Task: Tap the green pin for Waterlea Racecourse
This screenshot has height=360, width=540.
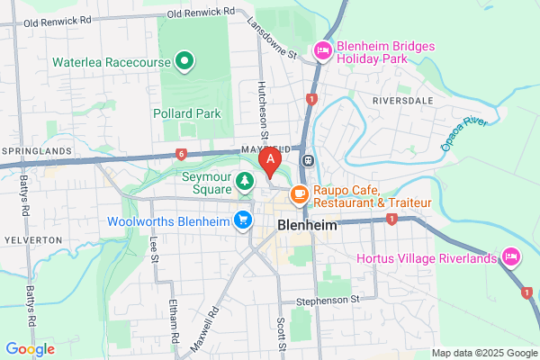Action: pos(185,61)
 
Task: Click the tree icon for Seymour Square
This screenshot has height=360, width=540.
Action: pos(244,183)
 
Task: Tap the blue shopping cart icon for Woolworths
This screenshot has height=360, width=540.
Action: pos(242,220)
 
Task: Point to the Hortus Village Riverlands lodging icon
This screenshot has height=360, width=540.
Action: pos(511,258)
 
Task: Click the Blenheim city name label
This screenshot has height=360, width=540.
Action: pos(308,226)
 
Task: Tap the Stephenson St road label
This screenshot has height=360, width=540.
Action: pos(328,299)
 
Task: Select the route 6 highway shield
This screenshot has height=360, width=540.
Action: pos(182,154)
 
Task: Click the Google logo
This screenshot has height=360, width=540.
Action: pos(30,348)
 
